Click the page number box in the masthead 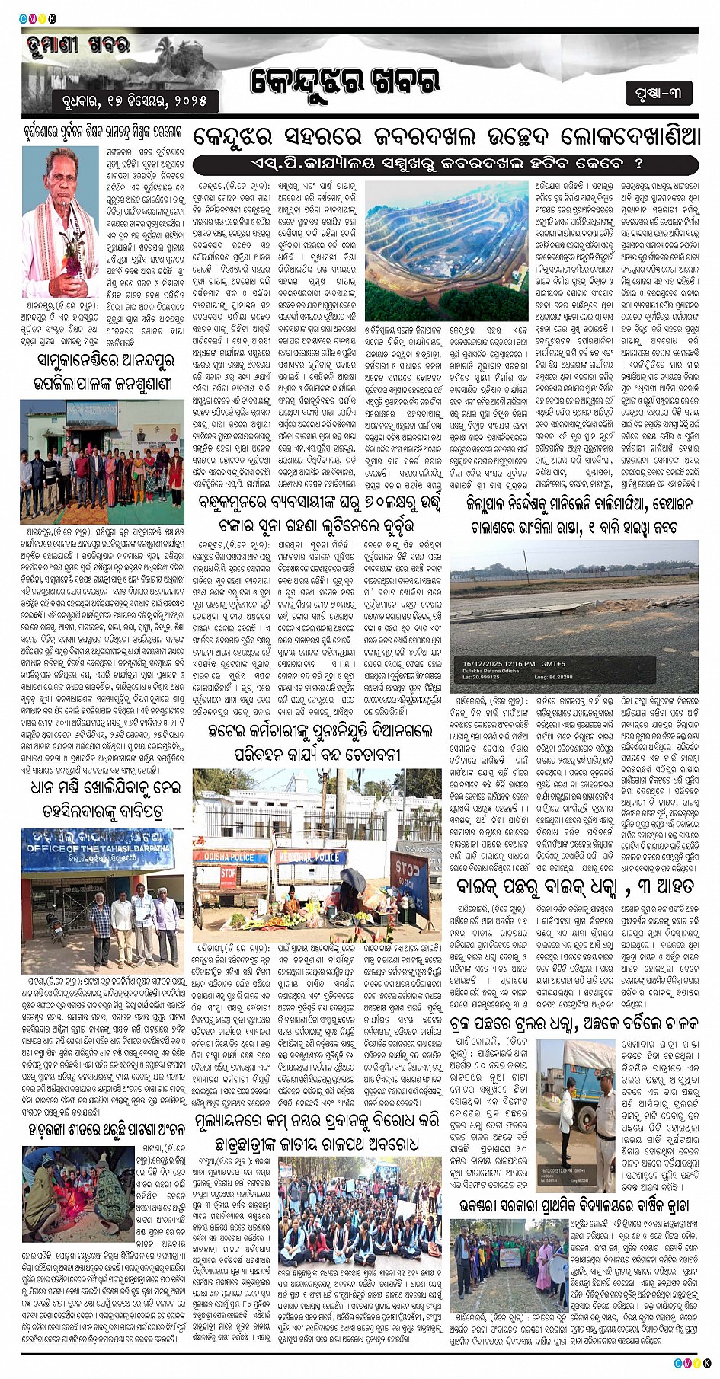pos(658,93)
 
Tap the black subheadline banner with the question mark pos(445,164)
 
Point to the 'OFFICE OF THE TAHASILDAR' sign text pos(104,848)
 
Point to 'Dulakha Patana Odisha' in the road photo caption pos(491,671)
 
